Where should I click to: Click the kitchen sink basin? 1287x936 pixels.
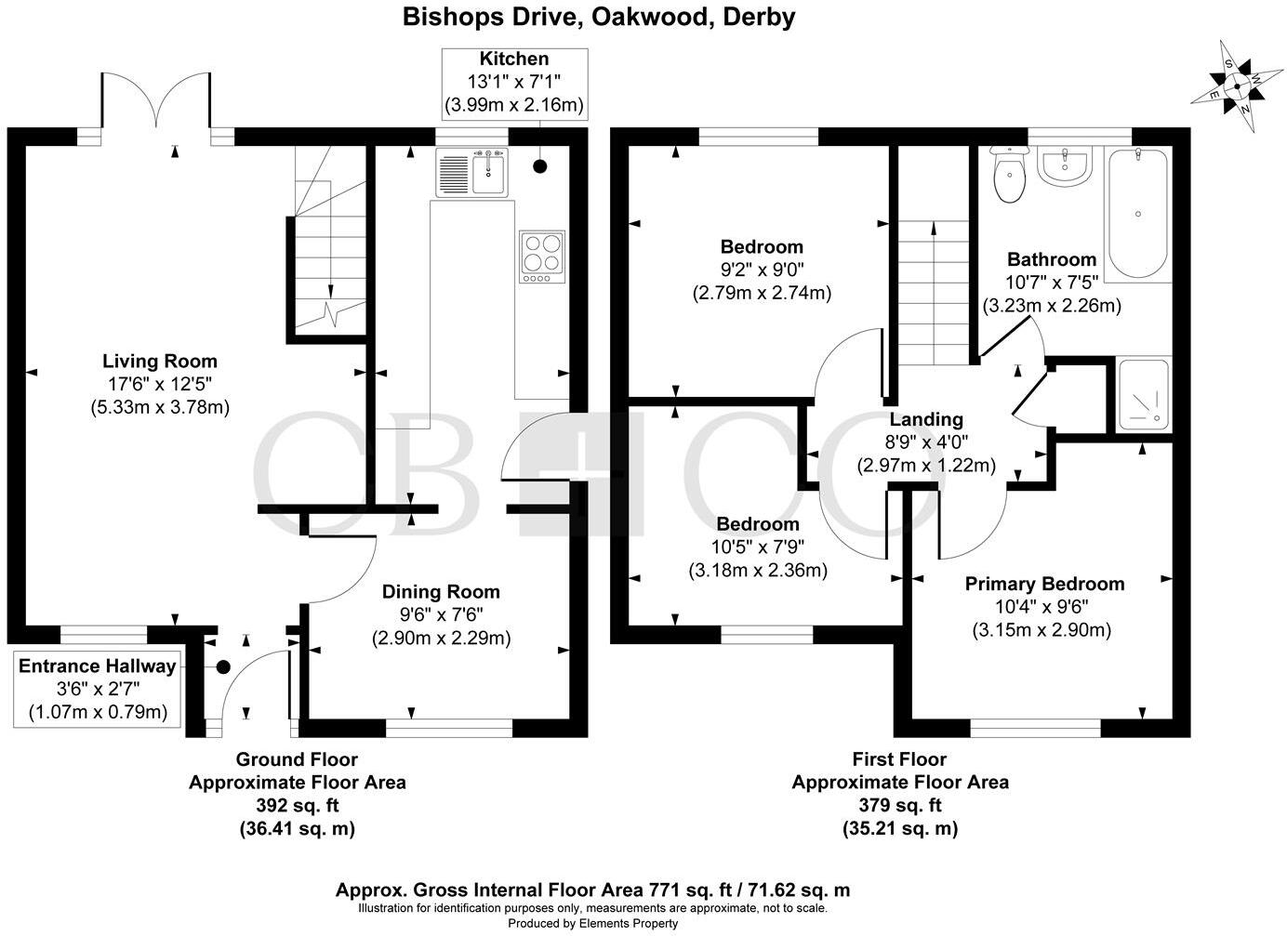pyautogui.click(x=488, y=175)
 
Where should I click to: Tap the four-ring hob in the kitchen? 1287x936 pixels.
pyautogui.click(x=542, y=257)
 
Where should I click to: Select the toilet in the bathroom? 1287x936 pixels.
pyautogui.click(x=1009, y=174)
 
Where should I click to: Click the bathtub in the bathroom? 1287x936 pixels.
pyautogui.click(x=1137, y=214)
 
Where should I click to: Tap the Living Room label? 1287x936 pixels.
pyautogui.click(x=160, y=362)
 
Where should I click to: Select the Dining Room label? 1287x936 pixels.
pyautogui.click(x=441, y=591)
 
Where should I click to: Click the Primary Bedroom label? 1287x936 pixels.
pyautogui.click(x=1044, y=584)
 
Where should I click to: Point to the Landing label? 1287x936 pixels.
pyautogui.click(x=926, y=419)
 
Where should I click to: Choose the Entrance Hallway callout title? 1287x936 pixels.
pyautogui.click(x=97, y=666)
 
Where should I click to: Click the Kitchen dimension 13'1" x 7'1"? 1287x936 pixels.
pyautogui.click(x=513, y=82)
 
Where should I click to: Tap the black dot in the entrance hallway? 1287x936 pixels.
pyautogui.click(x=223, y=667)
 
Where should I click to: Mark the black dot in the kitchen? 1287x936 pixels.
pyautogui.click(x=539, y=166)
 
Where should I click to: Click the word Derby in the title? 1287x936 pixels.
pyautogui.click(x=759, y=18)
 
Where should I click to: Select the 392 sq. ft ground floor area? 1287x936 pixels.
pyautogui.click(x=298, y=805)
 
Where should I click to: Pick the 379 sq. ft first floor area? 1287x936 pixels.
pyautogui.click(x=900, y=805)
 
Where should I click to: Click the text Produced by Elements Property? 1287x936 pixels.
pyautogui.click(x=593, y=923)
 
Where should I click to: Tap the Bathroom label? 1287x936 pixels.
pyautogui.click(x=1052, y=259)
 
